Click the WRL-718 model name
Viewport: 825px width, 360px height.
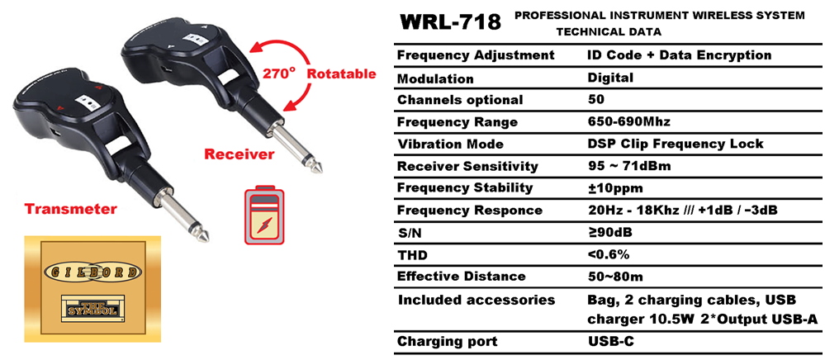click(451, 22)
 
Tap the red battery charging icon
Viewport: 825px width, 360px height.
click(264, 216)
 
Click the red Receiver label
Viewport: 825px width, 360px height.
click(239, 154)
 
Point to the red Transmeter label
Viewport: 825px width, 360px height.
click(71, 209)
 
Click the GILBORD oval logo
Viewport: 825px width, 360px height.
click(92, 272)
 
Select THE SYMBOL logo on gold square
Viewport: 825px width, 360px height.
click(92, 309)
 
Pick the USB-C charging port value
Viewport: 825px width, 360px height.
click(611, 342)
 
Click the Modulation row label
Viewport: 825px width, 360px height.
click(435, 79)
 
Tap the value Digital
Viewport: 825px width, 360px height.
click(610, 78)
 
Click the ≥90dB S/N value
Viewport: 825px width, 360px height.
click(609, 233)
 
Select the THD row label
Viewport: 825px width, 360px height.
click(412, 256)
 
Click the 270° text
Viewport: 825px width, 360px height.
click(277, 73)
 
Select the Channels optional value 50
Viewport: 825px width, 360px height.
click(596, 99)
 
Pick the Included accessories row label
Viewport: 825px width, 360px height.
click(477, 300)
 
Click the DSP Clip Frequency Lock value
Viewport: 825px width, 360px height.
click(675, 144)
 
